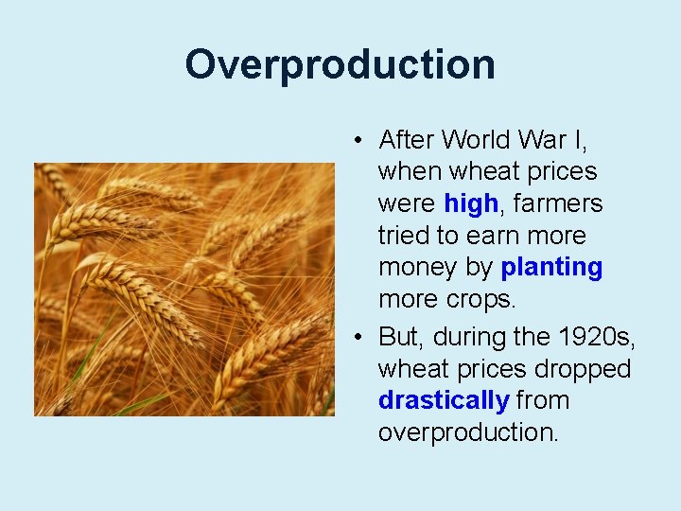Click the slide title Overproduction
click(x=340, y=65)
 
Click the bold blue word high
click(x=470, y=203)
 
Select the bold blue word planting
click(x=551, y=268)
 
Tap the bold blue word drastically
click(x=444, y=400)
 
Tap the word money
click(x=417, y=268)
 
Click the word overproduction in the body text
click(x=466, y=432)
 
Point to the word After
click(x=406, y=140)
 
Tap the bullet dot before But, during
click(x=360, y=338)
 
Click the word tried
click(x=405, y=236)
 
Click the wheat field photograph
click(x=184, y=290)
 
